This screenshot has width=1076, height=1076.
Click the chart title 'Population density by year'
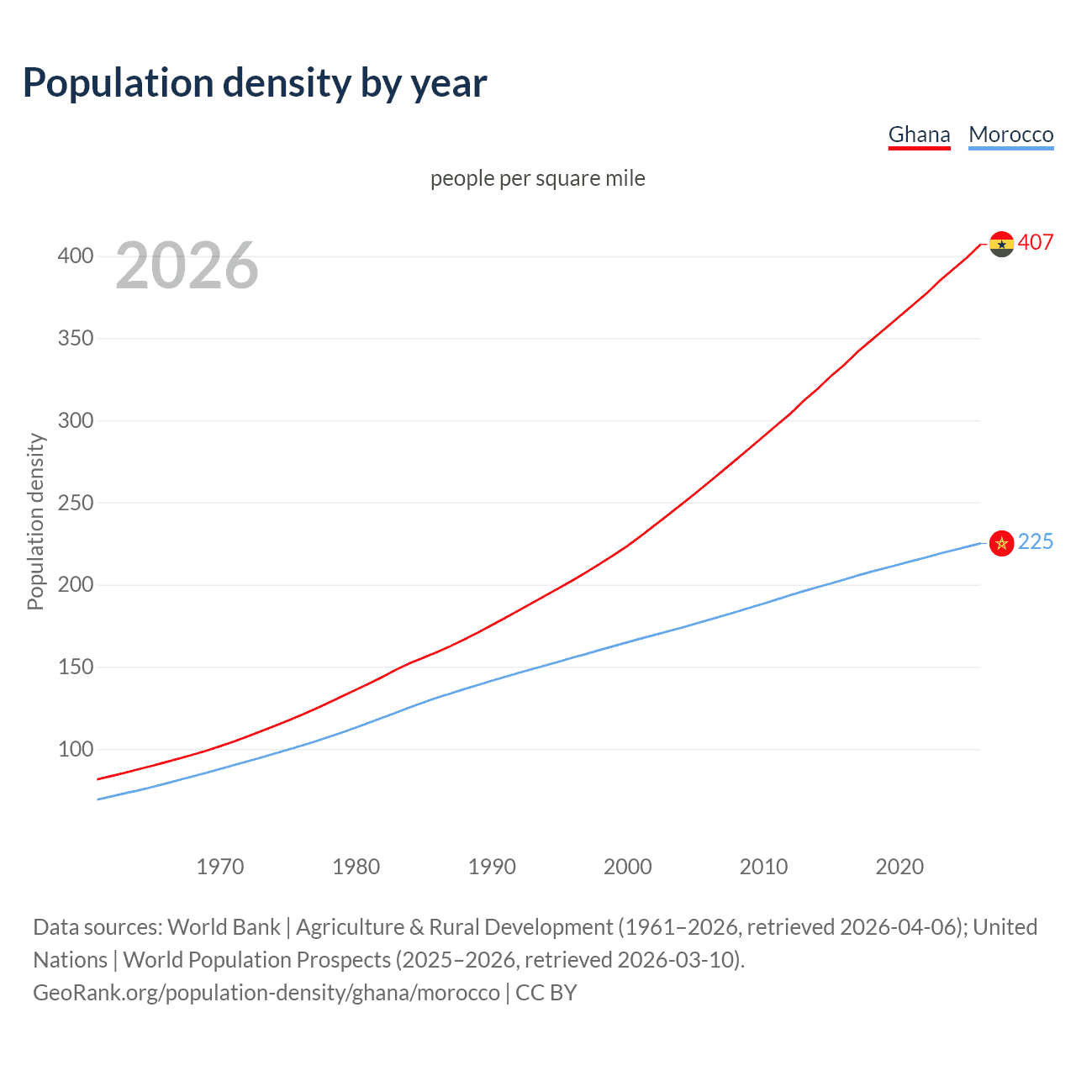coord(255,82)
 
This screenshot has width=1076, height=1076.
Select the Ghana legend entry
coord(919,134)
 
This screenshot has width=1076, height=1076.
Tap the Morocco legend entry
coord(1010,134)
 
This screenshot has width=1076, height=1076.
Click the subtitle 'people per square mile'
coord(537,178)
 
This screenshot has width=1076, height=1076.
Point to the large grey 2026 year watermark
coord(187,266)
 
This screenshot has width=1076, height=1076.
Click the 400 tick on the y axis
coord(76,256)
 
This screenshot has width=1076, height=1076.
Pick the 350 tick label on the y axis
coord(76,338)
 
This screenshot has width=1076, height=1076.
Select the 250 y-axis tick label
coord(76,503)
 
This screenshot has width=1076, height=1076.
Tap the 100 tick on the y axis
coord(76,749)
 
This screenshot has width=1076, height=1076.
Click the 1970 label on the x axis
coord(220,867)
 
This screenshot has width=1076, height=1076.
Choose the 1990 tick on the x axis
coord(492,867)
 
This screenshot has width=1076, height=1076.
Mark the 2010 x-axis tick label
coord(763,867)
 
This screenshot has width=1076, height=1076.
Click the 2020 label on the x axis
coord(899,867)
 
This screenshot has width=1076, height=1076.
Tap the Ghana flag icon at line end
coord(1001,244)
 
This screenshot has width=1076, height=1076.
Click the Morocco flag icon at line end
coord(1001,543)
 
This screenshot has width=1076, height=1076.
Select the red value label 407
coord(1035,242)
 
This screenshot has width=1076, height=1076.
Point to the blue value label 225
coord(1035,542)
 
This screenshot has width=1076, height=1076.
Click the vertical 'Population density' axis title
coord(35,521)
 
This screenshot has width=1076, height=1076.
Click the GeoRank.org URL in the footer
coord(266,993)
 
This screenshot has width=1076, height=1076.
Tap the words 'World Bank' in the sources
coord(224,927)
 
